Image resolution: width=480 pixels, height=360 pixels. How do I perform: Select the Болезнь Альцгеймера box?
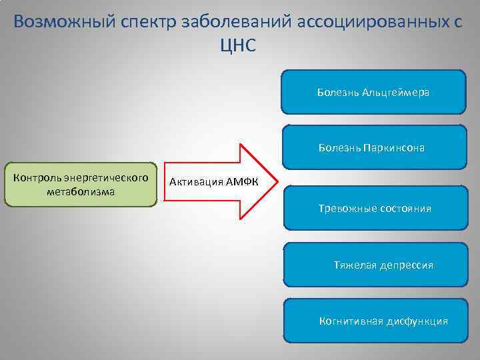[x=373, y=92]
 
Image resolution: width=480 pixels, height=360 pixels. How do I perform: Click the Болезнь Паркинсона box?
[x=373, y=147]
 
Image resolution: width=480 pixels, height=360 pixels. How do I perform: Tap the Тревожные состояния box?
[x=375, y=209]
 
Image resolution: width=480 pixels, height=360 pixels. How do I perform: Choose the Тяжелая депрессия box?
[x=375, y=265]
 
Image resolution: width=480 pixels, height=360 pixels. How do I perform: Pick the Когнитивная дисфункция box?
[x=375, y=321]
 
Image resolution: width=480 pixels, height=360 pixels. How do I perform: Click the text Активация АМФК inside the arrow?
[x=213, y=181]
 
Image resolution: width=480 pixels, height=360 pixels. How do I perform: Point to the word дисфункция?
[x=417, y=321]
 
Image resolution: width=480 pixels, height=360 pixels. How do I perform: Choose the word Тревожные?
[x=347, y=209]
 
